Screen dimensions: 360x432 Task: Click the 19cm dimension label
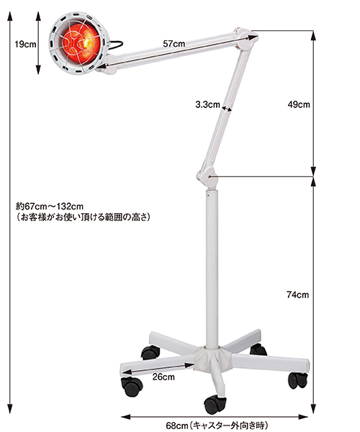[x=25, y=44]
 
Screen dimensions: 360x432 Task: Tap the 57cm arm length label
[x=174, y=43]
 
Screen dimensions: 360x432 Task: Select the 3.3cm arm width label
[x=207, y=104]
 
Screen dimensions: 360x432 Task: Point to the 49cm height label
[x=299, y=104]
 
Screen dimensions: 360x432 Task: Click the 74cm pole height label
[x=298, y=294]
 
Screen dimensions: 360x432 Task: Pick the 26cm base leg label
[x=163, y=377]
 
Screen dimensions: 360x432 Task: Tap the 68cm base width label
[x=217, y=426]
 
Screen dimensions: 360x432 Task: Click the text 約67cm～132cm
[x=50, y=206]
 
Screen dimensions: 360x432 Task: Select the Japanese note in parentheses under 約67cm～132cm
[x=83, y=217]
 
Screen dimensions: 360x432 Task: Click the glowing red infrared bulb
[x=81, y=43]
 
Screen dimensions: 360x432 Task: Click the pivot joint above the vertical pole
[x=207, y=176]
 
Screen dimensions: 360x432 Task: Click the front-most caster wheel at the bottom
[x=215, y=405]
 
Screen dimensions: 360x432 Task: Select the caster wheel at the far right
[x=297, y=380]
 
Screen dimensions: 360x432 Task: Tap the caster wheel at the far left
[x=132, y=387]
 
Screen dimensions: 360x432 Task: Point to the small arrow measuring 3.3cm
[x=227, y=109]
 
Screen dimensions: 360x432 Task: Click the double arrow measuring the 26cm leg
[x=158, y=369]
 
